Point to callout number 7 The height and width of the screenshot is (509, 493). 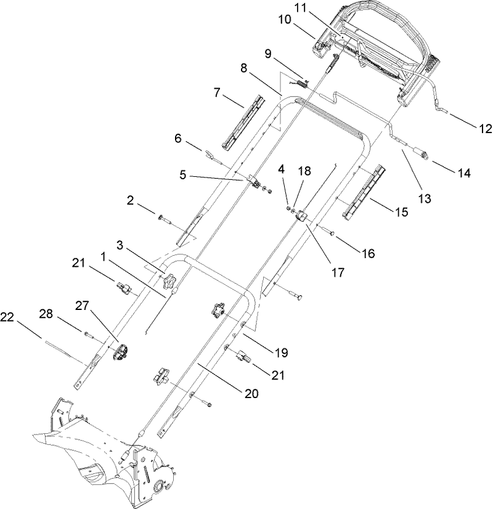(217, 93)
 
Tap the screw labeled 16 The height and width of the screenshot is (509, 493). (327, 232)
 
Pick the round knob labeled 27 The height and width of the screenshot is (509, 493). (121, 351)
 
